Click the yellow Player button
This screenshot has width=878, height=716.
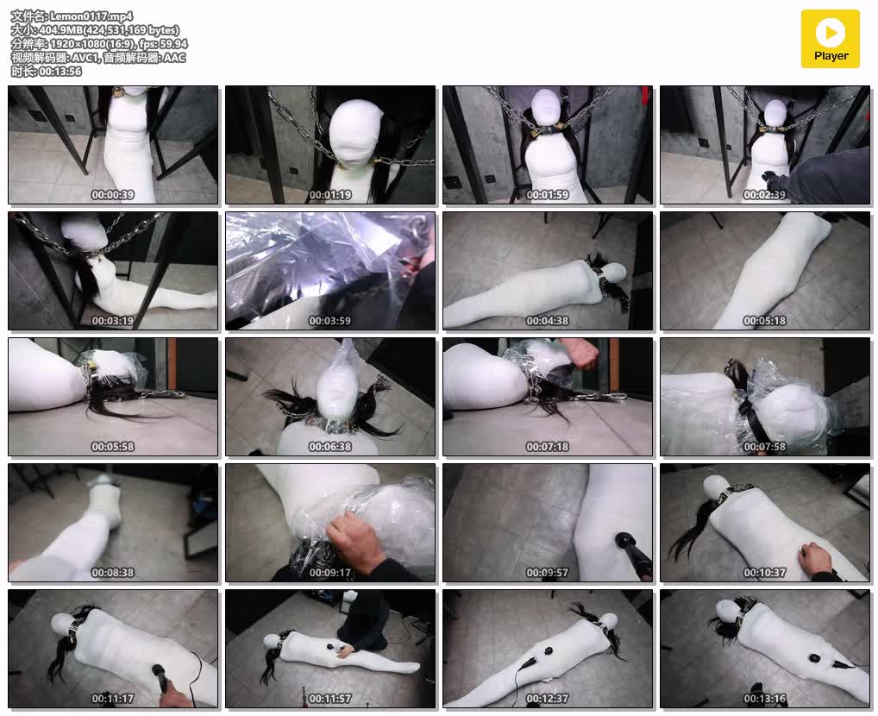point(830,39)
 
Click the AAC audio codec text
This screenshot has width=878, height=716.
point(174,57)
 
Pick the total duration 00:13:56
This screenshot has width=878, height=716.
point(60,71)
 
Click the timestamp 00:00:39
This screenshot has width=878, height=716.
point(112,195)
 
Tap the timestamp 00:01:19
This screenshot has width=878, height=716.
point(330,195)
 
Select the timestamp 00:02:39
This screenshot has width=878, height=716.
point(764,195)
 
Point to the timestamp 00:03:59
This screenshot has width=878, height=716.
point(330,321)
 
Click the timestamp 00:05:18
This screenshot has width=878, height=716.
point(764,321)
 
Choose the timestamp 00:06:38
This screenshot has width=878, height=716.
point(330,447)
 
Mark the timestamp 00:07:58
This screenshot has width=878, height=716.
point(764,447)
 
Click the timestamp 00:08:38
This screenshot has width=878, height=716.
point(112,573)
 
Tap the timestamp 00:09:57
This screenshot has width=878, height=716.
point(547,573)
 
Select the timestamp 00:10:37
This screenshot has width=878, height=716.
point(764,573)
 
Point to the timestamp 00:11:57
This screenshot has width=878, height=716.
point(330,699)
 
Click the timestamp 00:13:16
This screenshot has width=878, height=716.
point(764,699)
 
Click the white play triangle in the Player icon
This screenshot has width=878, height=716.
point(831,33)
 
